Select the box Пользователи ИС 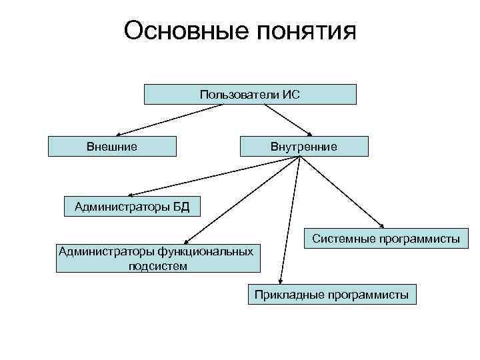250,95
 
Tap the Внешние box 112,146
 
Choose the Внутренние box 303,146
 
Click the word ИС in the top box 291,95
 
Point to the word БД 181,207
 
